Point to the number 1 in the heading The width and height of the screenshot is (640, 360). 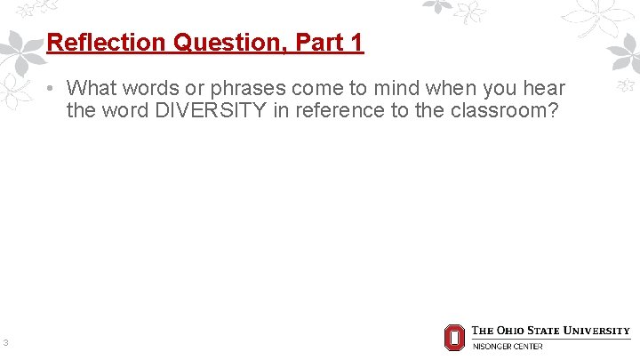357,43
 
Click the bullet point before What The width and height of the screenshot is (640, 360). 53,89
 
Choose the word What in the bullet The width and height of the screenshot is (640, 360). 90,89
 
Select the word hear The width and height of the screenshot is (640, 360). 544,89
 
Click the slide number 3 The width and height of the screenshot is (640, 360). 5,342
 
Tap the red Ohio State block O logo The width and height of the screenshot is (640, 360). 454,338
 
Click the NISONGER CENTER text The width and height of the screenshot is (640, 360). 507,346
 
